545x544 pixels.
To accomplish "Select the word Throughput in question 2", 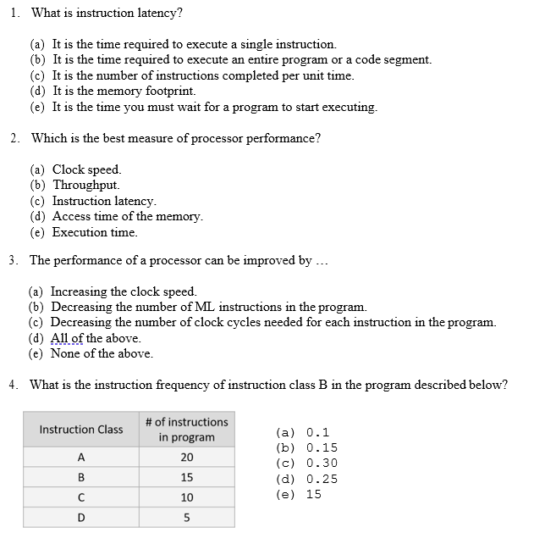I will (85, 185).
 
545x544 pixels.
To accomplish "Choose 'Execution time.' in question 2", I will (94, 232).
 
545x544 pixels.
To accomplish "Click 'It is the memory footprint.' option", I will (124, 91).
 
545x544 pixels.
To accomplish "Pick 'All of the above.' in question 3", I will (96, 338).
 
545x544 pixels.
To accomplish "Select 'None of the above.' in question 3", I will (102, 353).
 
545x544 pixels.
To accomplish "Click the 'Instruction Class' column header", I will (81, 430).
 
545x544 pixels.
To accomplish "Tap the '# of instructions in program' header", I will (186, 430).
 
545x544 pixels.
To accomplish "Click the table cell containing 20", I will (186, 458).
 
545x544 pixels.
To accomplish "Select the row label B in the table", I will (81, 478).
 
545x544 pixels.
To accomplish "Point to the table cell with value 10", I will (186, 497).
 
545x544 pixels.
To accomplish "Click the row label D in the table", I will (81, 517).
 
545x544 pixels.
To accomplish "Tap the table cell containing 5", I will (186, 517).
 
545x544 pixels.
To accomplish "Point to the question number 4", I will (14, 385).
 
